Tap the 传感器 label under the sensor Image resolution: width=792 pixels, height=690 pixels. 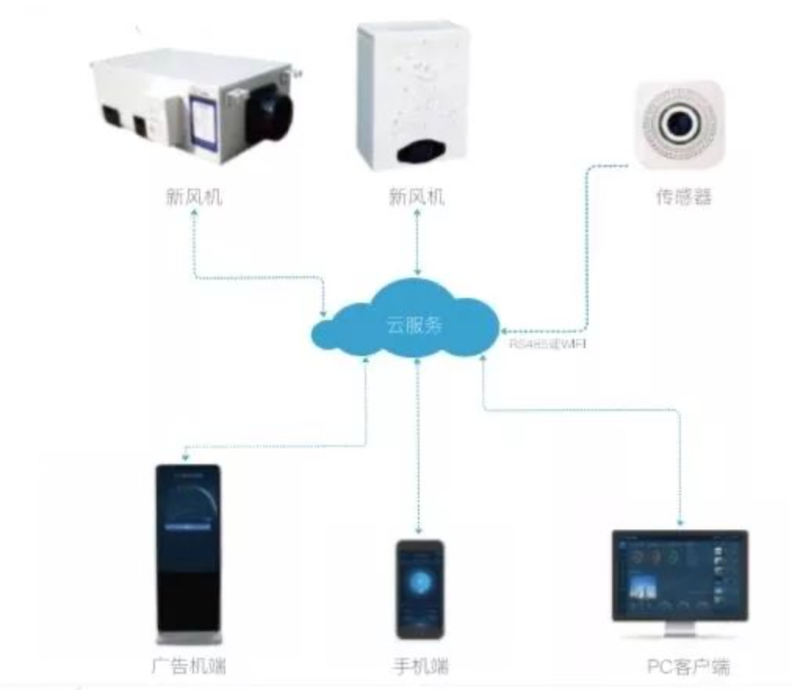point(684,196)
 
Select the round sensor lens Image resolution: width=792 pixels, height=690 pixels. point(678,121)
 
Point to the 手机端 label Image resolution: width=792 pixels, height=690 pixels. point(420,667)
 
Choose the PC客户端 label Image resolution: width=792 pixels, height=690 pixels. point(688,667)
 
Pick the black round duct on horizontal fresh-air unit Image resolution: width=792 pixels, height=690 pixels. point(269,114)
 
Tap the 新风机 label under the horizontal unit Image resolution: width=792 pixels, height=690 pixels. point(194,196)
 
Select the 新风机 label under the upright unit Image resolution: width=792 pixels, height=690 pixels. point(416,196)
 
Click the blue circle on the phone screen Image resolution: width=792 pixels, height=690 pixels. point(419,583)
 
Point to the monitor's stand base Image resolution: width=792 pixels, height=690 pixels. point(679,633)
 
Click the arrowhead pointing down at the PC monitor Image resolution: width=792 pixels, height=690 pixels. point(681,522)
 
